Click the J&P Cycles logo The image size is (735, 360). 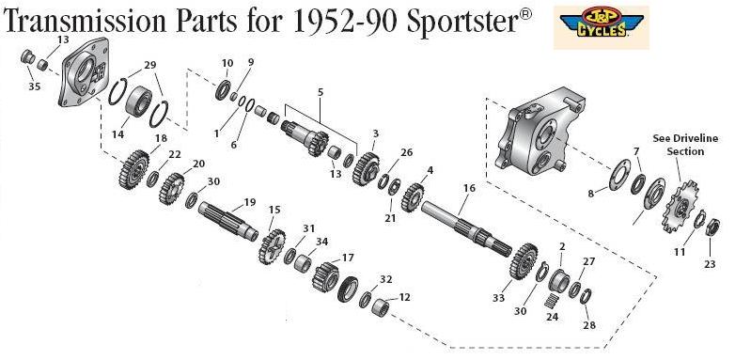pyautogui.click(x=602, y=26)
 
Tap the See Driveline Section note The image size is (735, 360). pyautogui.click(x=685, y=145)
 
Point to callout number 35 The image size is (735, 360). pyautogui.click(x=34, y=86)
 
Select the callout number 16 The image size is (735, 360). pyautogui.click(x=469, y=188)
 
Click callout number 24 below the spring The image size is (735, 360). pyautogui.click(x=552, y=317)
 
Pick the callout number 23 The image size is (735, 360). pyautogui.click(x=710, y=264)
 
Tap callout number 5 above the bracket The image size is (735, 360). pyautogui.click(x=321, y=92)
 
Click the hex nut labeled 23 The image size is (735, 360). pyautogui.click(x=712, y=227)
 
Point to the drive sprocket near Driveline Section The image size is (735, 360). pyautogui.click(x=677, y=206)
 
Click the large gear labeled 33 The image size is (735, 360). pyautogui.click(x=524, y=261)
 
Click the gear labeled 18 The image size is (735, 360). pyautogui.click(x=133, y=169)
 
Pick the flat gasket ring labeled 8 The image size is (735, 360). pyautogui.click(x=619, y=175)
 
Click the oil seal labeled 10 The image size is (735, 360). pyautogui.click(x=223, y=90)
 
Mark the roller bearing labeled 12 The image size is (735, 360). pyautogui.click(x=380, y=307)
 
